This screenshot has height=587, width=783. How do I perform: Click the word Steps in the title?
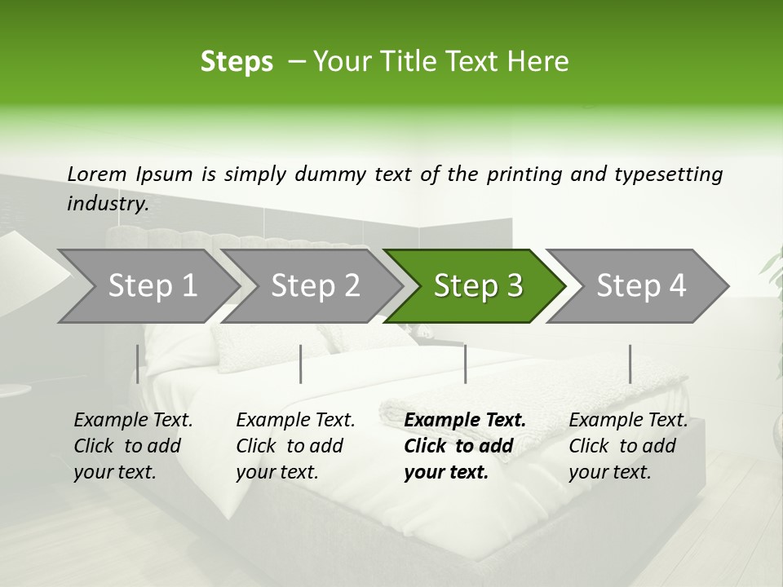[237, 62]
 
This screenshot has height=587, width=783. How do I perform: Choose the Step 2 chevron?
[314, 286]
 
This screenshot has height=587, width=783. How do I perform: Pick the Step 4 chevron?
[640, 286]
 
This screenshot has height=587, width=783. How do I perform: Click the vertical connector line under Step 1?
[137, 364]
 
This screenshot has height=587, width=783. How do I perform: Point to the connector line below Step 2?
[301, 364]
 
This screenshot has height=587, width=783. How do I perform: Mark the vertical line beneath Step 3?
[465, 364]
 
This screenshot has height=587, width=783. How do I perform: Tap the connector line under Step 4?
[630, 364]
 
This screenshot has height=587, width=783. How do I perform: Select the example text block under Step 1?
[133, 446]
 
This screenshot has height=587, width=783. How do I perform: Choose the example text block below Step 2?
[295, 446]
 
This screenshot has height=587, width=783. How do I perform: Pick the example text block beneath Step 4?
[628, 446]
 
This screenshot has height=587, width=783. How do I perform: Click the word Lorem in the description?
[97, 174]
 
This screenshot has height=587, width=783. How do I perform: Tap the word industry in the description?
[107, 204]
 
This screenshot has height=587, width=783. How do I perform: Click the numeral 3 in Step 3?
[514, 286]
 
